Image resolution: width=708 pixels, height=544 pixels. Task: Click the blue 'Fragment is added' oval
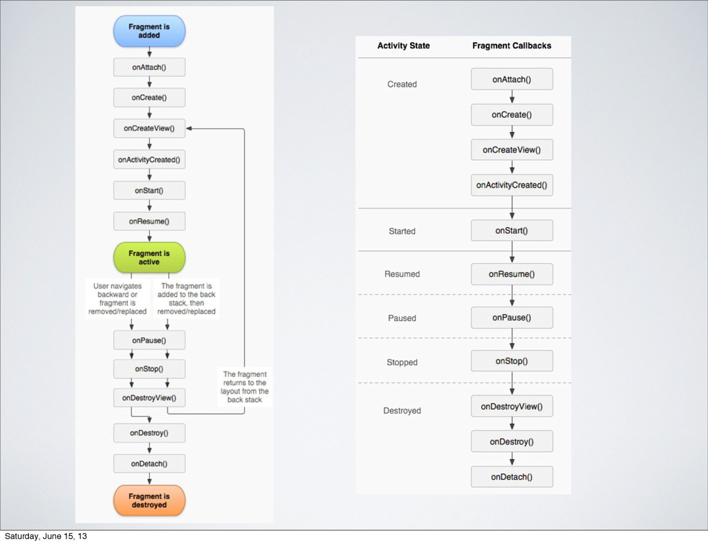click(149, 31)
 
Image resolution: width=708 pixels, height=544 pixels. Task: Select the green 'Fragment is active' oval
click(149, 258)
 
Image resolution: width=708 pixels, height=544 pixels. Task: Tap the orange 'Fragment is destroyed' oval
click(149, 501)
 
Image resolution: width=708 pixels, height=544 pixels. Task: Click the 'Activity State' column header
click(403, 46)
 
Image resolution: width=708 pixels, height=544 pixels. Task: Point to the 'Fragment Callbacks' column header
click(512, 46)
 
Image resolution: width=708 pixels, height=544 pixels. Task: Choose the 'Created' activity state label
click(402, 84)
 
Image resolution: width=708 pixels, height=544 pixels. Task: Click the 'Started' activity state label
click(402, 231)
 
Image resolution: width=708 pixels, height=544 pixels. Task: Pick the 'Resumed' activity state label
click(402, 274)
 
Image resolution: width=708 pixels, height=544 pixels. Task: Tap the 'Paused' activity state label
click(402, 318)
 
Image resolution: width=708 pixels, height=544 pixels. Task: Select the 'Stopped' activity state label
click(402, 362)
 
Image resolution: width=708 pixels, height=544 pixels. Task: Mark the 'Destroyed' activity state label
click(402, 411)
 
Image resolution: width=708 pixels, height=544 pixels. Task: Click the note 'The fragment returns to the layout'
click(245, 387)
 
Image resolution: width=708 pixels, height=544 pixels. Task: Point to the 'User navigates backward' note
click(118, 298)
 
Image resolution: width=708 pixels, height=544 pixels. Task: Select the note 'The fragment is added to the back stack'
click(187, 298)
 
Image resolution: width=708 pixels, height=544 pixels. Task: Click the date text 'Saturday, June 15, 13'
click(46, 536)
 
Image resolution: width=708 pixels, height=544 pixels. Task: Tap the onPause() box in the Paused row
click(512, 318)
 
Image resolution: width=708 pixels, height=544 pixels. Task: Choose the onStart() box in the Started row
click(512, 231)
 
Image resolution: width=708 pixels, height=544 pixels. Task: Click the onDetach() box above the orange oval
click(149, 464)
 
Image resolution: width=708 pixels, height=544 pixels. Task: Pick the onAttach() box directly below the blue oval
click(149, 67)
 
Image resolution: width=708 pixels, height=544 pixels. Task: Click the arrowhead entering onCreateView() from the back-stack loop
click(189, 128)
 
